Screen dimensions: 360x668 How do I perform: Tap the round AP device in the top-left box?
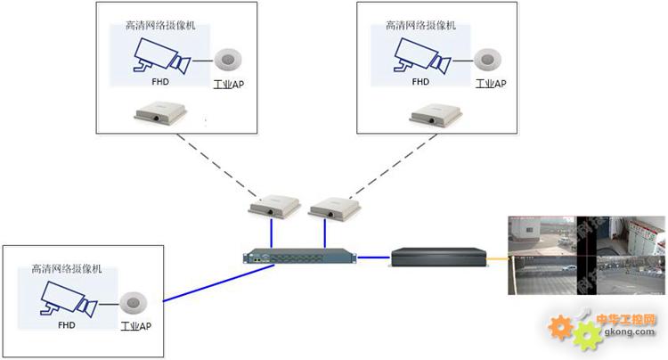click(229, 61)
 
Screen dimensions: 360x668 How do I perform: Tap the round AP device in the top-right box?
click(487, 61)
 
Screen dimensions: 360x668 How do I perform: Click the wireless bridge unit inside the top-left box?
click(161, 114)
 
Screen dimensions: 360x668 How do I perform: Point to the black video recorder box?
click(439, 257)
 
